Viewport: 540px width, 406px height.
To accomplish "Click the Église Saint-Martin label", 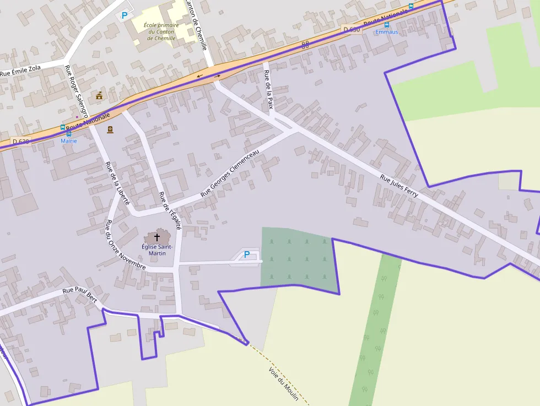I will click(x=157, y=250).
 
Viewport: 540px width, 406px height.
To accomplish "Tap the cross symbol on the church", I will click(x=157, y=237).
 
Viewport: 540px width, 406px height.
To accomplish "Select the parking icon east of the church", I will click(x=247, y=255).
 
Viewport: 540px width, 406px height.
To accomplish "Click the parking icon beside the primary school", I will click(x=125, y=15).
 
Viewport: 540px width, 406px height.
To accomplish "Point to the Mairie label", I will click(x=69, y=141).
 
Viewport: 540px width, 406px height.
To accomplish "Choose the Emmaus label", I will click(x=387, y=32).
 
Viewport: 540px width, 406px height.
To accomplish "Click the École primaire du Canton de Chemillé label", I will click(x=161, y=32).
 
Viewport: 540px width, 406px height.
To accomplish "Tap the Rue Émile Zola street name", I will click(x=20, y=71).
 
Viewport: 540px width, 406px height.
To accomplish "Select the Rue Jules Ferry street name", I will click(x=399, y=186).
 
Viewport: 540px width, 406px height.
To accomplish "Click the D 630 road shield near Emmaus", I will click(x=351, y=29).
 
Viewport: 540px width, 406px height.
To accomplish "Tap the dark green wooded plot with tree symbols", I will click(x=298, y=258).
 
